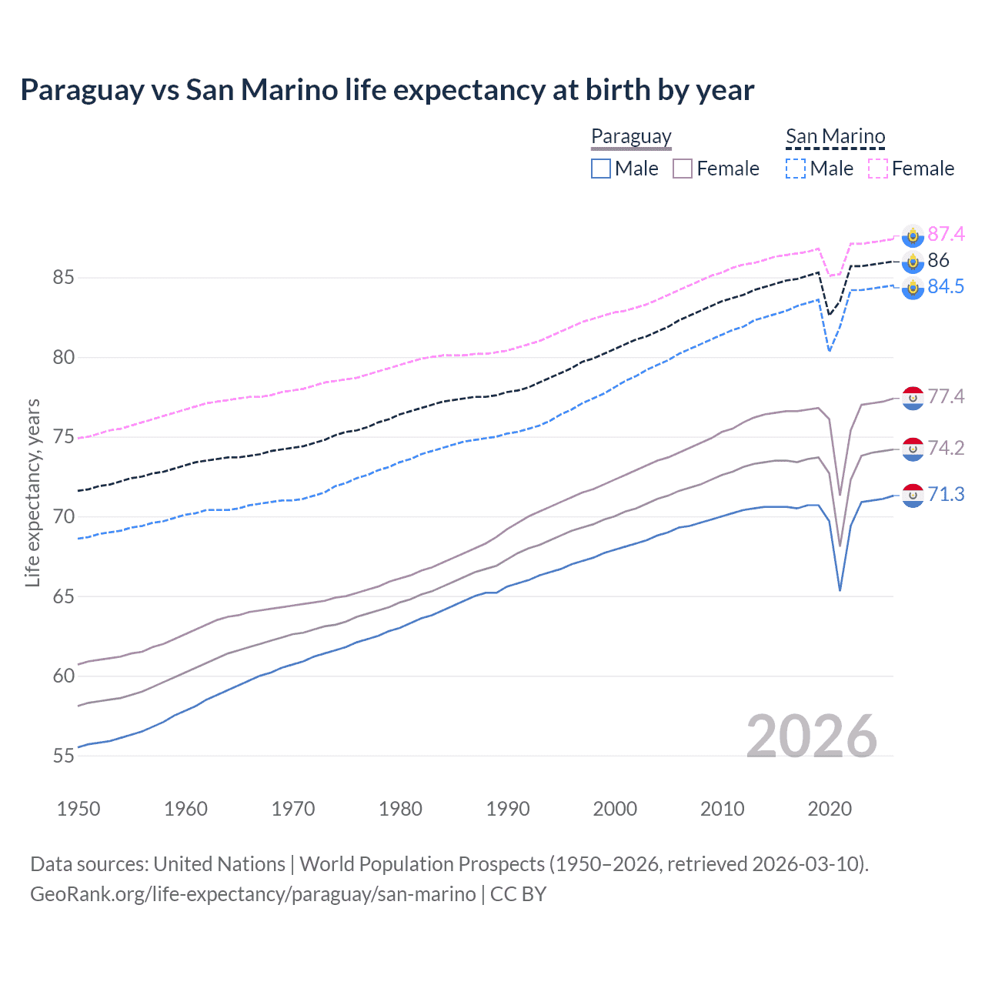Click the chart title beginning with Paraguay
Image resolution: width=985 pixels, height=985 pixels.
387,90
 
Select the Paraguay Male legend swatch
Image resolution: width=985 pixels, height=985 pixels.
601,169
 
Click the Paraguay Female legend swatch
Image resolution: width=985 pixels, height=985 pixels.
683,169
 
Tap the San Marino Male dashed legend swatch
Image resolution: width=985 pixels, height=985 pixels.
796,169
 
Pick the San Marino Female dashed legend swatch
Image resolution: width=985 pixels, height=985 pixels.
878,169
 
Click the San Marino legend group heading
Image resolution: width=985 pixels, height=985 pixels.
835,137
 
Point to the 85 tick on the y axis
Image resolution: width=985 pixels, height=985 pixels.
64,277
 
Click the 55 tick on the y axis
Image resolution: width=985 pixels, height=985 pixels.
64,756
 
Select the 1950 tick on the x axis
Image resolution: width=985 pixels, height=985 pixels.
78,809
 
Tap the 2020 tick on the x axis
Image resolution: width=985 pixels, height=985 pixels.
830,809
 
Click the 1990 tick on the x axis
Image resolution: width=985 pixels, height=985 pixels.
508,809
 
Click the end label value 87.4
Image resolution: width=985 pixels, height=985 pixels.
946,234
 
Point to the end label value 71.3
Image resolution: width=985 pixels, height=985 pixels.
946,494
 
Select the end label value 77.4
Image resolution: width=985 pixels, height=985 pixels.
946,396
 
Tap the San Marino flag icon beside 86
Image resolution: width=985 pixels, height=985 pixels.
913,262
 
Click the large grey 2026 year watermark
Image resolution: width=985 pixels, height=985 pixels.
812,736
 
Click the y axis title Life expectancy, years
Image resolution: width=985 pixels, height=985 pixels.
32,492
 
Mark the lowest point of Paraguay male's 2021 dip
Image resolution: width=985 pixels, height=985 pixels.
840,590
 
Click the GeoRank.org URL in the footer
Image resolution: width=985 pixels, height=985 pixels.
252,894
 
